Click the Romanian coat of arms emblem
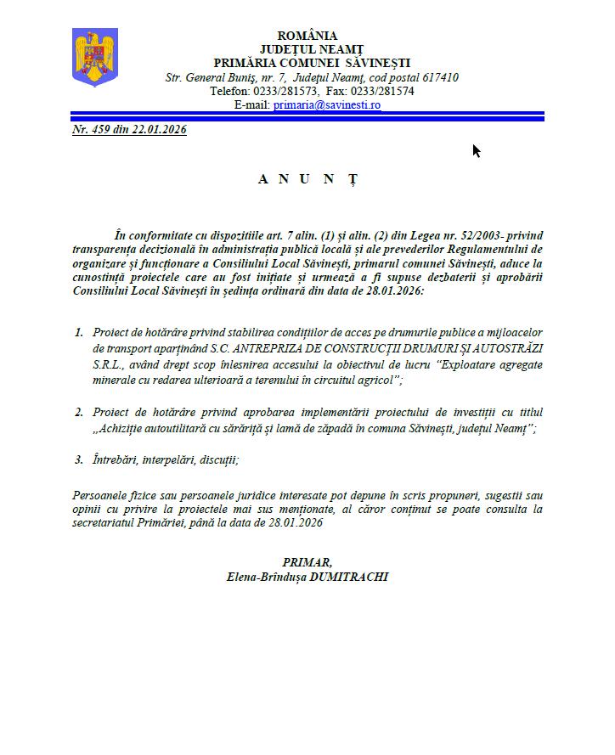pyautogui.click(x=94, y=57)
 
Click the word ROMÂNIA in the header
pyautogui.click(x=307, y=36)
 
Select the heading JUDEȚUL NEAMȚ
pyautogui.click(x=307, y=49)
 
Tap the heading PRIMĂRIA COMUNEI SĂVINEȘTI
pyautogui.click(x=312, y=63)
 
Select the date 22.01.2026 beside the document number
pyautogui.click(x=159, y=130)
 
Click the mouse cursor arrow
pyautogui.click(x=476, y=150)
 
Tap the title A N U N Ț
pyautogui.click(x=307, y=179)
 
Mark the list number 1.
pyautogui.click(x=79, y=331)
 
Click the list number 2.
pyautogui.click(x=79, y=412)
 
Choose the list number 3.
pyautogui.click(x=79, y=459)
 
